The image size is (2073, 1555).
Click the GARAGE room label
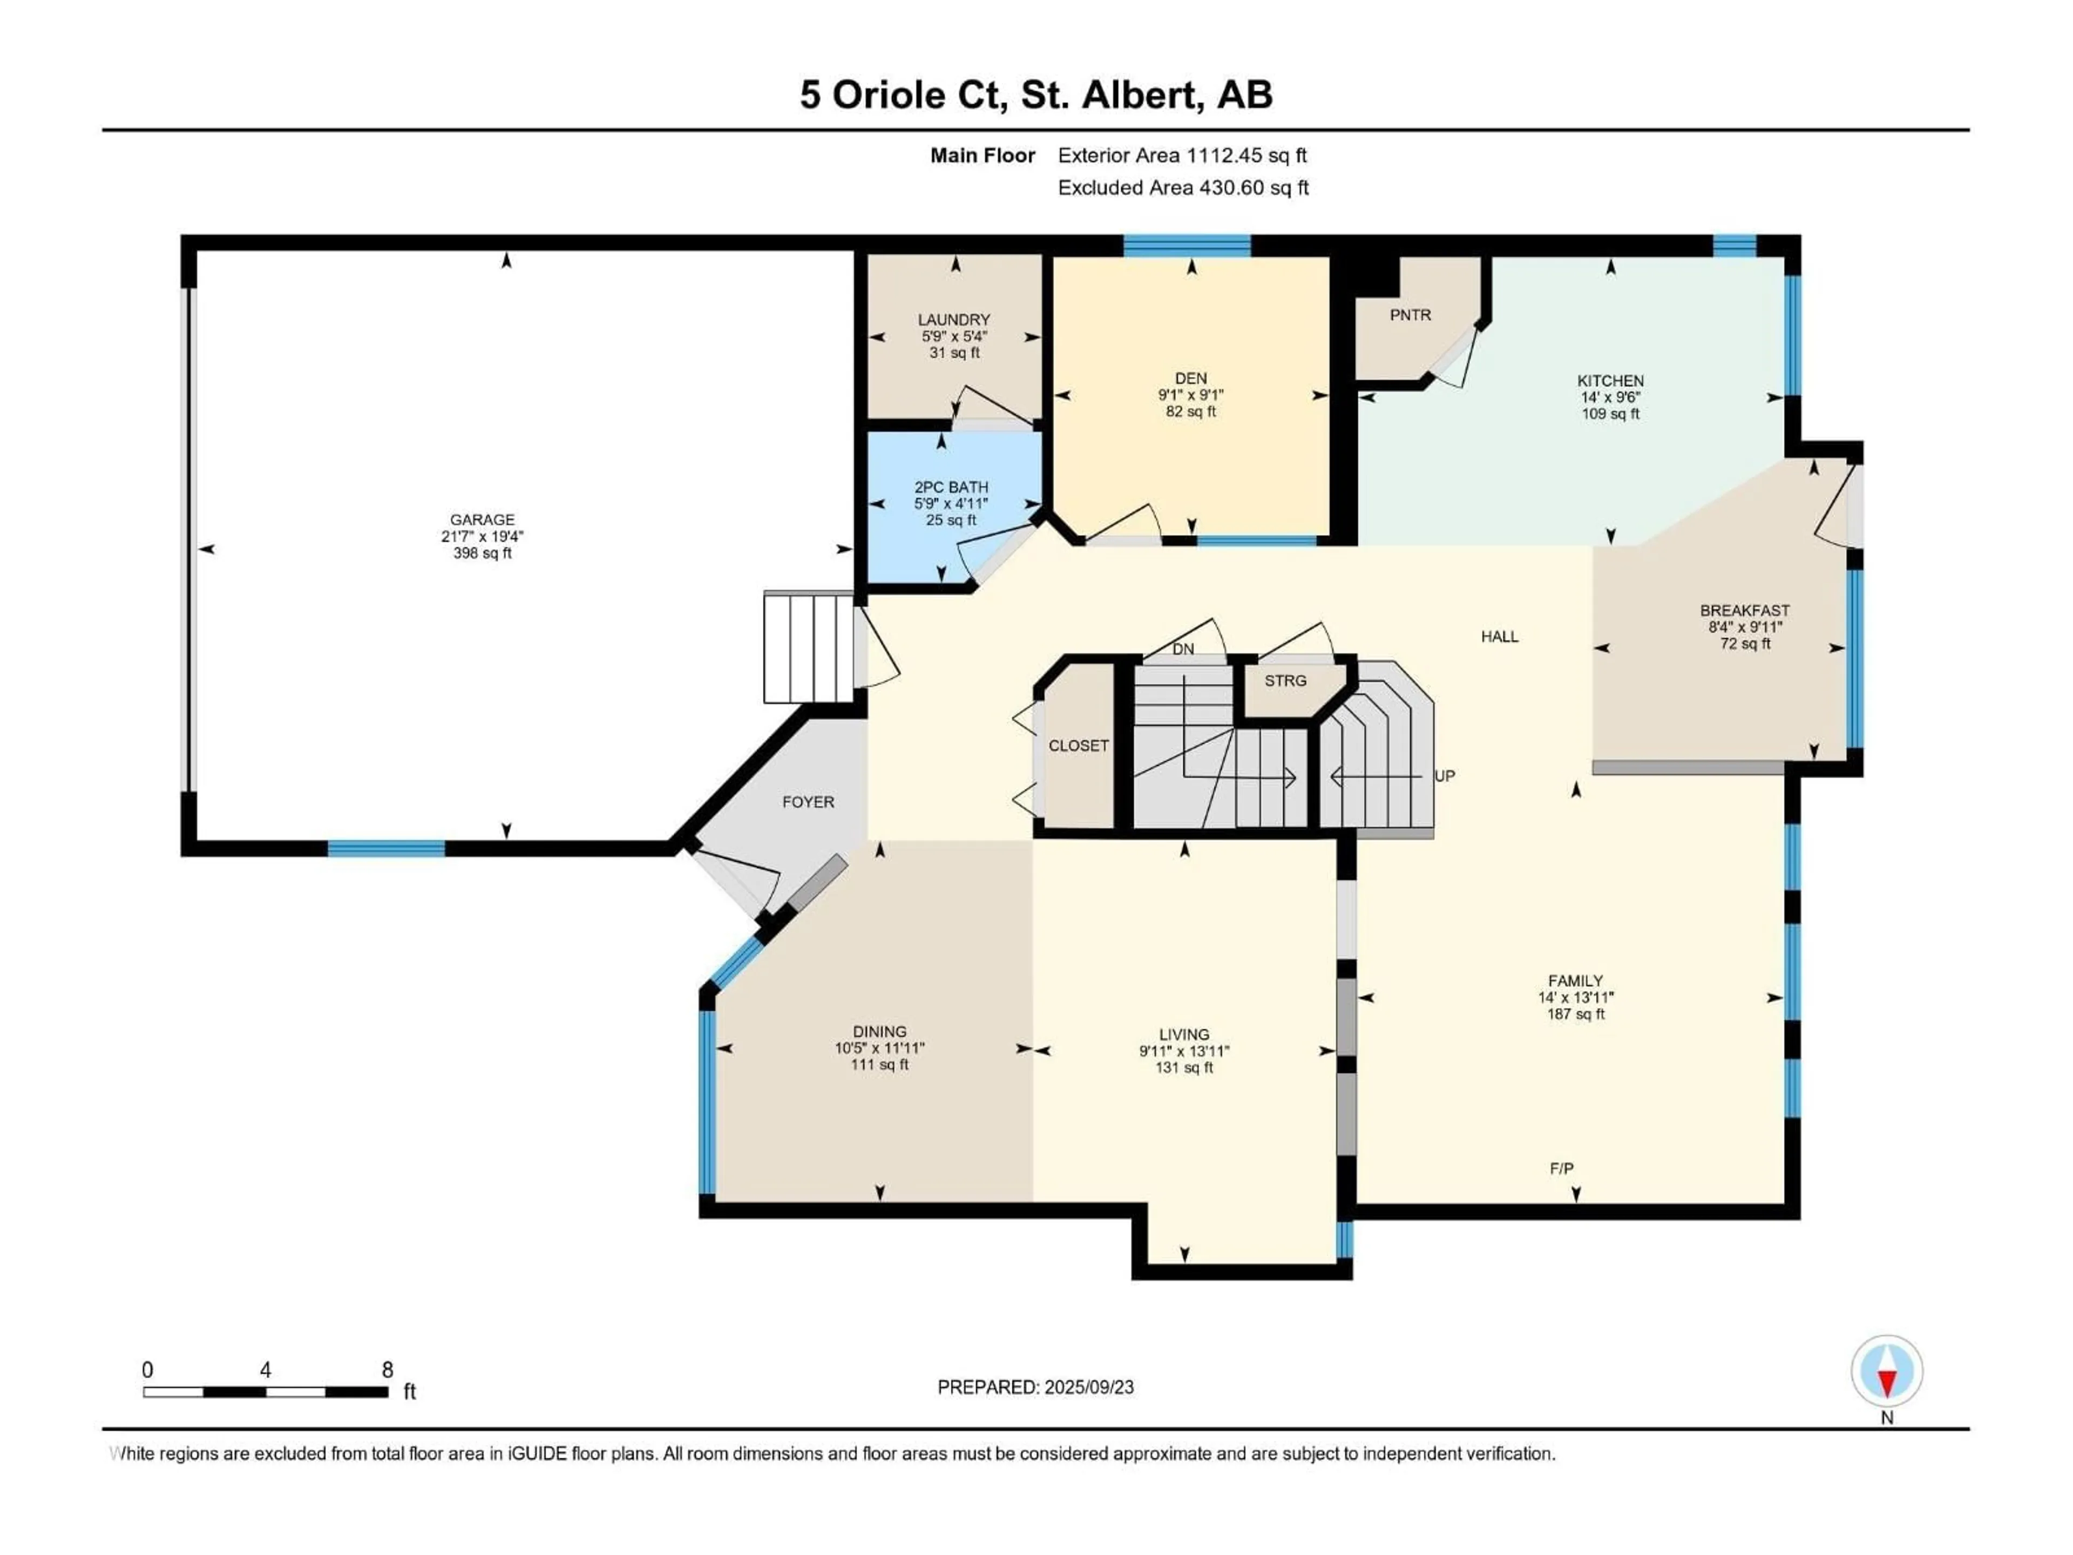click(x=482, y=519)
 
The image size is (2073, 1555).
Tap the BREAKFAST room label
click(x=1744, y=610)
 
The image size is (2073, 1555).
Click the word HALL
click(x=1500, y=637)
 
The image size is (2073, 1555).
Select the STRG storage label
click(x=1285, y=680)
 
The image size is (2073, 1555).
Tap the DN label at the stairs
click(x=1183, y=648)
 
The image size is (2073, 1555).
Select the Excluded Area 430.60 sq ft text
click(x=1183, y=187)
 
